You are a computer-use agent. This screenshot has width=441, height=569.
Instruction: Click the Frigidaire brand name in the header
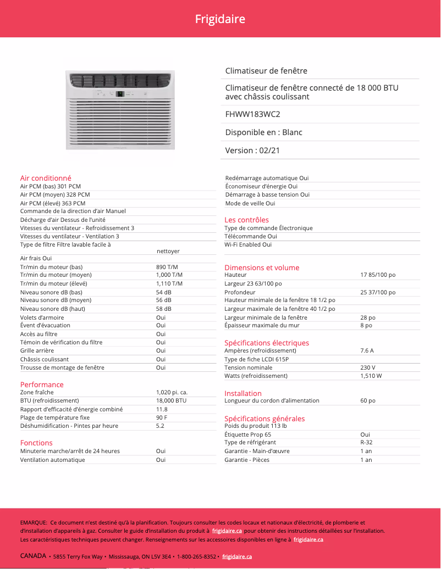220,19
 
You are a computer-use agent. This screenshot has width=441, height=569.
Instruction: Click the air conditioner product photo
120,110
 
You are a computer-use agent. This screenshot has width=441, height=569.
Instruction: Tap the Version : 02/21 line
252,150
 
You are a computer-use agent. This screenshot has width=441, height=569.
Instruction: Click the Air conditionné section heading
46,178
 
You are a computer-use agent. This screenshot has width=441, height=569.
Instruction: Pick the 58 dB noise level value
164,309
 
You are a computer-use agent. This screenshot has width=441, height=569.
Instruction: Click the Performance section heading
42,384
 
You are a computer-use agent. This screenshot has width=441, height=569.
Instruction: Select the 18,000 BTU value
171,400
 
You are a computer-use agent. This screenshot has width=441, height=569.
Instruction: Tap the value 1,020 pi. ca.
172,392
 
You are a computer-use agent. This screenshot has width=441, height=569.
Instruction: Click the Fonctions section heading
36,443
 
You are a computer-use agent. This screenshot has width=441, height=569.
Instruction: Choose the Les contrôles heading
246,220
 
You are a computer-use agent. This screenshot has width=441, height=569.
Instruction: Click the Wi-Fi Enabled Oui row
248,244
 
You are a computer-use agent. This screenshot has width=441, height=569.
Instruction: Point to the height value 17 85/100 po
378,275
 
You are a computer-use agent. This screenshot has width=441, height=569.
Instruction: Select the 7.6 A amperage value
367,350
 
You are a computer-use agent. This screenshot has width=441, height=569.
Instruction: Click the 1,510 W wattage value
371,376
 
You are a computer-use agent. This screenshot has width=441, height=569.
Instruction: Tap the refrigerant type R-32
366,442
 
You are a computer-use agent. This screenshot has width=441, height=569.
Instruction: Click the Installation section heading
243,393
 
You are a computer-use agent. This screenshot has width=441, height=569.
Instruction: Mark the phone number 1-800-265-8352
196,556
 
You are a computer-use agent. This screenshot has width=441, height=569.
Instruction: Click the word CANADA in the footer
34,556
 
